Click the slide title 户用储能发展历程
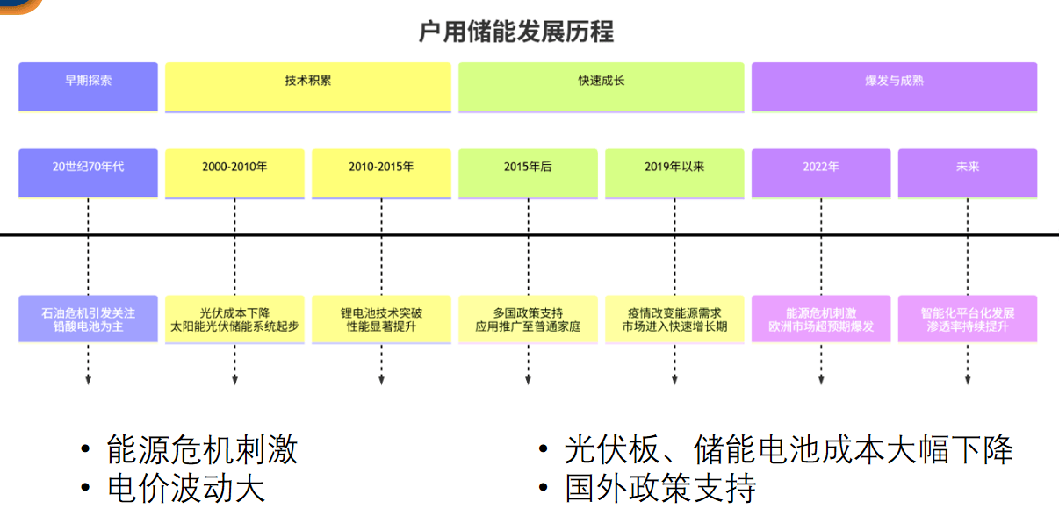(x=516, y=32)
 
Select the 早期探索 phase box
(x=88, y=85)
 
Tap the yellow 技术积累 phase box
(x=308, y=85)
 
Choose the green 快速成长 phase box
(x=601, y=85)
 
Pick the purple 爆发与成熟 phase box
(x=894, y=85)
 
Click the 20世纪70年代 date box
(x=88, y=172)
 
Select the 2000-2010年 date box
(x=234, y=172)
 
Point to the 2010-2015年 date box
(x=381, y=172)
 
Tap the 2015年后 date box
(x=528, y=172)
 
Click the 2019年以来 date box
(x=674, y=172)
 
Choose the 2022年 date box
(x=821, y=172)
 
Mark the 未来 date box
(x=968, y=172)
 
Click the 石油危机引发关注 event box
(x=88, y=319)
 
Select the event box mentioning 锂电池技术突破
(x=381, y=319)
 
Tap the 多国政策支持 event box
(x=528, y=319)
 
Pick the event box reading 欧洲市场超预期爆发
(x=821, y=319)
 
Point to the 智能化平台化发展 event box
(x=968, y=319)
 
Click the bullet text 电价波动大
(x=185, y=488)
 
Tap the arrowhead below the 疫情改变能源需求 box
(x=674, y=380)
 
